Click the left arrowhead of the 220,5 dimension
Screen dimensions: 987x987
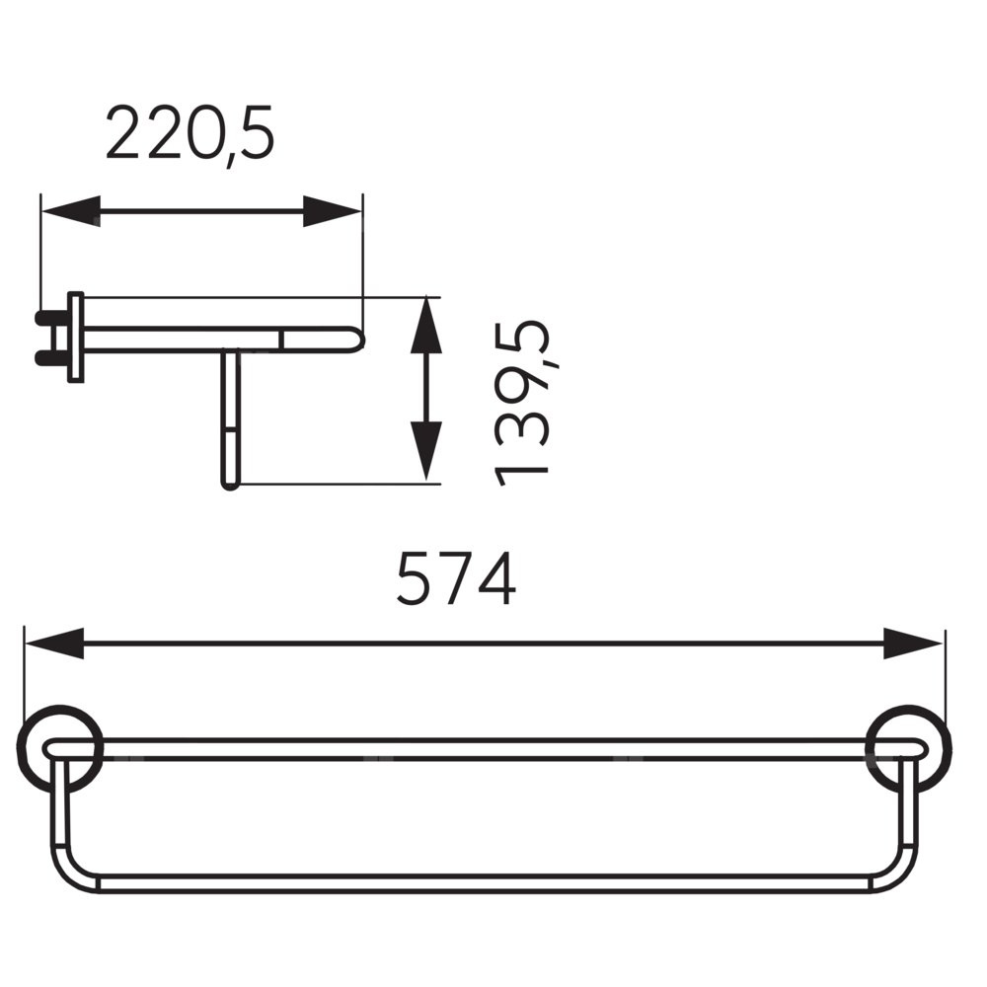click(x=70, y=211)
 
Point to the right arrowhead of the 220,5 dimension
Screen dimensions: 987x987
click(x=333, y=211)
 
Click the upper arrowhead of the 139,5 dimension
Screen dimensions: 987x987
click(x=426, y=325)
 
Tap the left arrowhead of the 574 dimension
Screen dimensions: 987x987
click(x=54, y=643)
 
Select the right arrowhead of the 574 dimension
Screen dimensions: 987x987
click(x=913, y=643)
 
